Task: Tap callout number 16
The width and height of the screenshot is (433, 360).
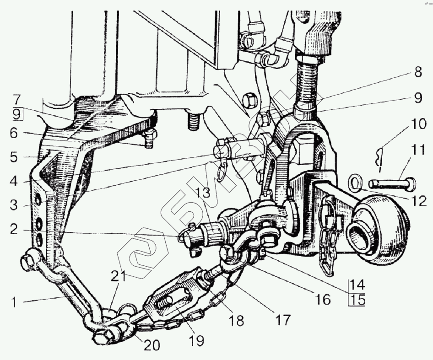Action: click(x=323, y=300)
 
